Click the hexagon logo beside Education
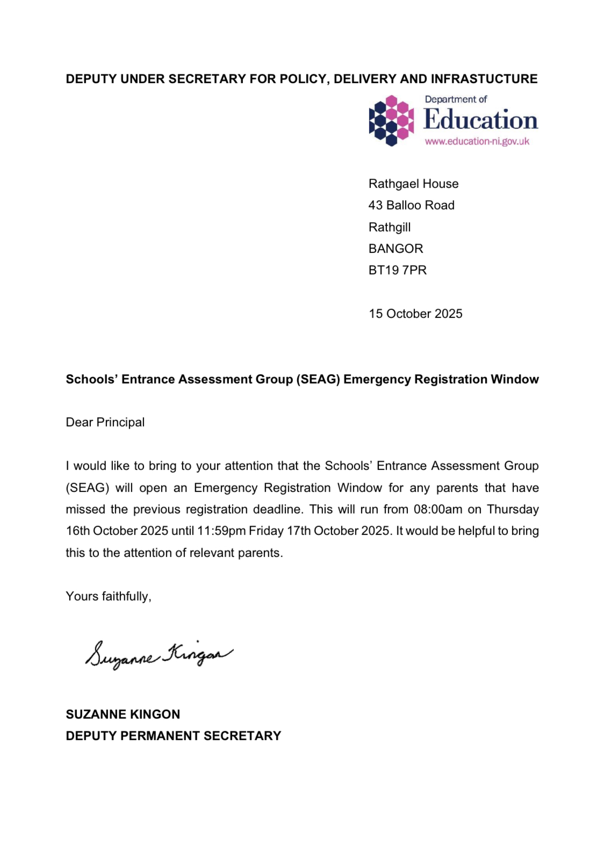391,120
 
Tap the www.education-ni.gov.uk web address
477,142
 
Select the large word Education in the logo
480,120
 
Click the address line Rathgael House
413,184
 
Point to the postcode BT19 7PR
397,270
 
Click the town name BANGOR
396,249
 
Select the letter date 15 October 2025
415,314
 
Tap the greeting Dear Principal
105,422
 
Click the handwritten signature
159,655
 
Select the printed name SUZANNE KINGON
123,714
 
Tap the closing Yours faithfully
108,596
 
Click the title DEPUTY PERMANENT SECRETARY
173,736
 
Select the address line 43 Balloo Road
411,205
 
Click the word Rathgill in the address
389,227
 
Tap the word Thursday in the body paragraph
513,509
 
